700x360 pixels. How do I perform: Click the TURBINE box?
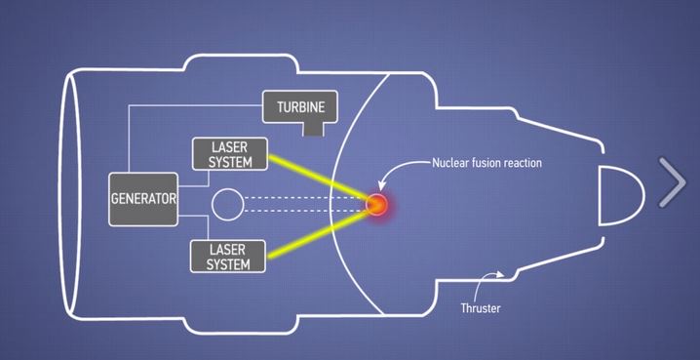tap(300, 105)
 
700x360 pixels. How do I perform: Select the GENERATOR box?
tap(143, 198)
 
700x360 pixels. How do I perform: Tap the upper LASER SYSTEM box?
tap(231, 154)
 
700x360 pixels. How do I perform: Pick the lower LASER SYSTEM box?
tap(230, 257)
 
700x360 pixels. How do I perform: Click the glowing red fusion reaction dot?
tap(375, 205)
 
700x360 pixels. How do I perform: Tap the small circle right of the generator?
tap(227, 205)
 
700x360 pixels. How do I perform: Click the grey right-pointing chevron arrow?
tap(674, 182)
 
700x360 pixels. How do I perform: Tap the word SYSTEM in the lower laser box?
tap(230, 264)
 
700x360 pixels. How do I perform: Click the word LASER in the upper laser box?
tap(231, 146)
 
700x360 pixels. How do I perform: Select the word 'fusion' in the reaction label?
tap(487, 163)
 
